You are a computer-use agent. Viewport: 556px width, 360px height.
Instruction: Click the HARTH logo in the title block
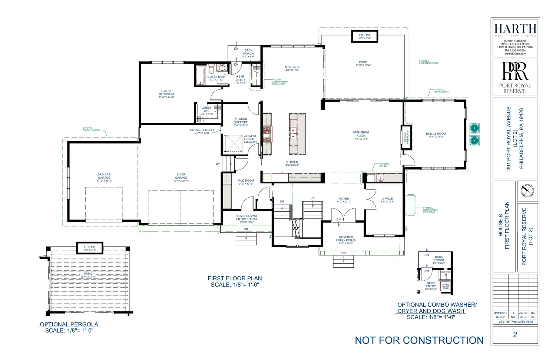[515, 29]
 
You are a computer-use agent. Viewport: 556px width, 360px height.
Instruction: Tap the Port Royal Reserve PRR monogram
[514, 71]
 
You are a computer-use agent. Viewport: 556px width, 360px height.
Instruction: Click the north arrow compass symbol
[527, 191]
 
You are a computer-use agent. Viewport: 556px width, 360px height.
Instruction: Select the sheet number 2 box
[515, 334]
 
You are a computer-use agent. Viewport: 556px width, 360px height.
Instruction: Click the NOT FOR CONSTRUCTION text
[419, 340]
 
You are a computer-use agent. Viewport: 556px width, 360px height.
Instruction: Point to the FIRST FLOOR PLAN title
[235, 278]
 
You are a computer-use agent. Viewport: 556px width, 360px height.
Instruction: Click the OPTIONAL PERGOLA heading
[69, 324]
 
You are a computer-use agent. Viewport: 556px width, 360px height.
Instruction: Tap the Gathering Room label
[361, 134]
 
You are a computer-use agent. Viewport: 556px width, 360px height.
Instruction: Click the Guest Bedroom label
[166, 93]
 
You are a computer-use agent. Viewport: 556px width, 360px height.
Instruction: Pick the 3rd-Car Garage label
[104, 176]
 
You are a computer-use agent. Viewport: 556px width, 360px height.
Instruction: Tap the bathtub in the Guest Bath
[200, 76]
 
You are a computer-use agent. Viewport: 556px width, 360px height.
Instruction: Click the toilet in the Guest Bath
[211, 69]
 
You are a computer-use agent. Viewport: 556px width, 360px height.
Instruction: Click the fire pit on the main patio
[364, 36]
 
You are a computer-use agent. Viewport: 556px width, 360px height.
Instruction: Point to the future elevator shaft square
[233, 143]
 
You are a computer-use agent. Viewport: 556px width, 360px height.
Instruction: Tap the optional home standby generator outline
[411, 204]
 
